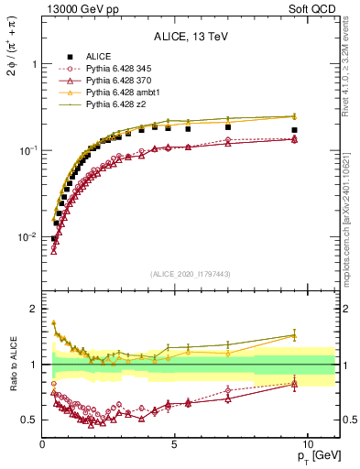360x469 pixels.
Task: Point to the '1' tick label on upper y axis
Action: [x=34, y=65]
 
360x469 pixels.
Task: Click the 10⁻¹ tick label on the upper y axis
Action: [x=29, y=150]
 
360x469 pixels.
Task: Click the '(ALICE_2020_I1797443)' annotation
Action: [x=191, y=274]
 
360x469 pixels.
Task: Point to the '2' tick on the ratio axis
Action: [x=34, y=309]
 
